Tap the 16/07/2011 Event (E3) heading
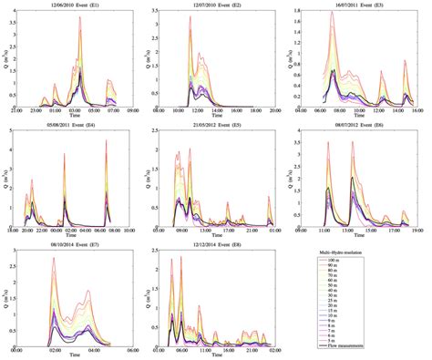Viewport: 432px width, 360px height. (361, 5)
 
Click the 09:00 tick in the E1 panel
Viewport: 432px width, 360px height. (132, 110)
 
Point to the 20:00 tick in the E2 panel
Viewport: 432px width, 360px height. (274, 110)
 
